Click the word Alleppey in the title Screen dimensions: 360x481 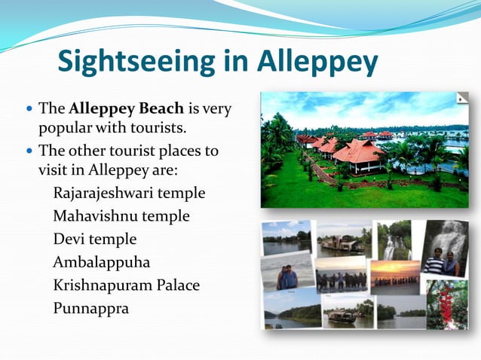[317, 63]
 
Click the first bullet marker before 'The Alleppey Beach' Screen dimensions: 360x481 [28, 109]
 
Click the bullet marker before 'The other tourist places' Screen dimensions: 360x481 [28, 151]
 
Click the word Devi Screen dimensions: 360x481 [69, 239]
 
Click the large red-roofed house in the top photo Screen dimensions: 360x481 [359, 154]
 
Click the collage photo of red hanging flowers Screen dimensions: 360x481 [447, 304]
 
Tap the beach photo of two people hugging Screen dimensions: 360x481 [287, 276]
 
